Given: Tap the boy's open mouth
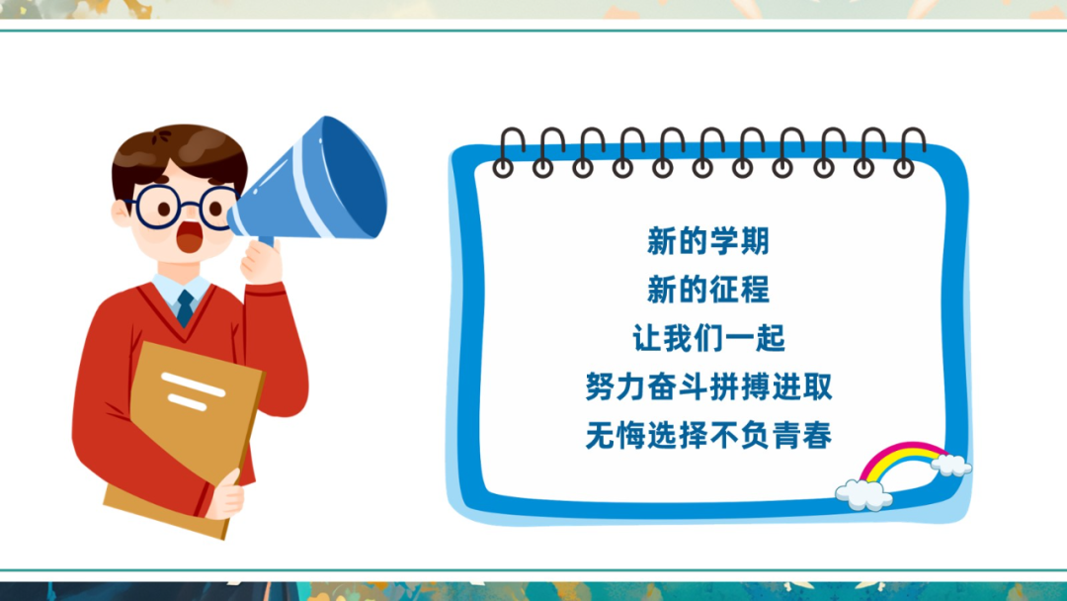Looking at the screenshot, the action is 189,235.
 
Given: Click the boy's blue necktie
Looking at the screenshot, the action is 185,307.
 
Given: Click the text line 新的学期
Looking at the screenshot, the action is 707,241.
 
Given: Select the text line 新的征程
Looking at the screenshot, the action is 707,290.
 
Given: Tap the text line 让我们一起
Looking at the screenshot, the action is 708,338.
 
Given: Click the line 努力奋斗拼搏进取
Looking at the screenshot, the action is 708,386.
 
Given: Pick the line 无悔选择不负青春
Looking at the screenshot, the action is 708,435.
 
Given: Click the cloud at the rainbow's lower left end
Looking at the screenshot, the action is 863,494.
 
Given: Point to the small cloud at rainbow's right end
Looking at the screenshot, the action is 950,465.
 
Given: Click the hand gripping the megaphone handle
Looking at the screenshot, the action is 261,261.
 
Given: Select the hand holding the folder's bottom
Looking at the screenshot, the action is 226,496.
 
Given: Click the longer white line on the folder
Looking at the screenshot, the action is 193,385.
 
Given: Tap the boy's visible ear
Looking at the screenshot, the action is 122,214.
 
